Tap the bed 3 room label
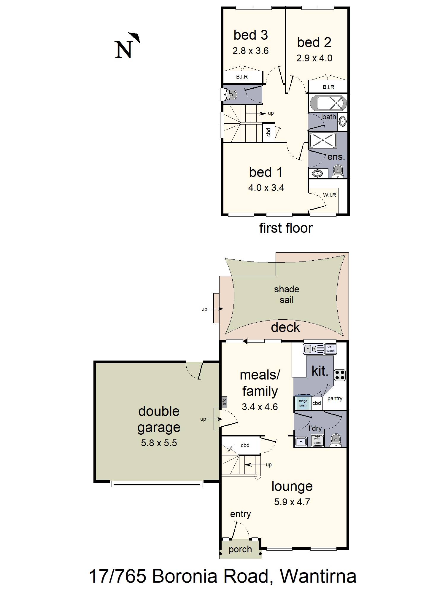[x=251, y=35]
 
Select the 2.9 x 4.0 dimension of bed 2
[x=314, y=58]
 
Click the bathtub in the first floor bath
[x=328, y=103]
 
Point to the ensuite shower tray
[x=323, y=140]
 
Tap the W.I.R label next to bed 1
[x=329, y=195]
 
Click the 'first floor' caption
[x=286, y=228]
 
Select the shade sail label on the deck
[x=286, y=294]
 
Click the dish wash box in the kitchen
[x=330, y=348]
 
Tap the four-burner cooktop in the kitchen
[x=340, y=375]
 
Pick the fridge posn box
[x=303, y=403]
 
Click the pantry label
[x=335, y=398]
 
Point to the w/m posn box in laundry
[x=317, y=441]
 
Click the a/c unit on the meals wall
[x=224, y=402]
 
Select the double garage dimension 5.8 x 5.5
[x=159, y=443]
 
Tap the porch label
[x=240, y=549]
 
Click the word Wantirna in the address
[x=318, y=576]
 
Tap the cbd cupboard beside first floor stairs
[x=268, y=132]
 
